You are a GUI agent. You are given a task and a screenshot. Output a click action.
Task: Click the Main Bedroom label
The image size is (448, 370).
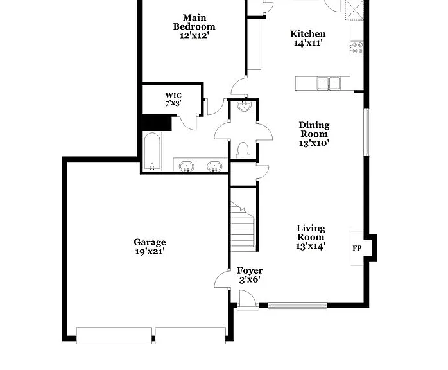[194, 22]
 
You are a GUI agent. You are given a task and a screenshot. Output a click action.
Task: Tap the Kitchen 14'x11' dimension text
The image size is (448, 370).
[308, 43]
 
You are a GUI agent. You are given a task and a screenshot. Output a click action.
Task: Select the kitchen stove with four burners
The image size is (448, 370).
[357, 48]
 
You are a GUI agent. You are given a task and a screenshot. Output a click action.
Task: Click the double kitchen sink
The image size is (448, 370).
[329, 84]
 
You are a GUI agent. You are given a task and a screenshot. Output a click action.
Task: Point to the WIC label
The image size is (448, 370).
[173, 96]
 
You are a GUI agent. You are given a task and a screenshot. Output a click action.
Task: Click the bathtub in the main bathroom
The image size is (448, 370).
[151, 151]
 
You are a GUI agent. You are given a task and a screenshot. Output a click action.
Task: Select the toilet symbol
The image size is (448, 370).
[243, 151]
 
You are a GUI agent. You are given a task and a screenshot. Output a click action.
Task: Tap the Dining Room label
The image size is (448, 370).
[314, 130]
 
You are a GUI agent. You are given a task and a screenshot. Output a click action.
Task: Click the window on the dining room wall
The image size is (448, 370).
[367, 132]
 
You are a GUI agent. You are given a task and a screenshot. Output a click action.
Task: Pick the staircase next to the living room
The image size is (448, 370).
[243, 227]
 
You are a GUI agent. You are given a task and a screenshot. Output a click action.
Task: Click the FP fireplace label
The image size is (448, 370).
[357, 248]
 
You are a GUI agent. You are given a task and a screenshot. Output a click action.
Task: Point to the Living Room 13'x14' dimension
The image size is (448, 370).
[311, 246]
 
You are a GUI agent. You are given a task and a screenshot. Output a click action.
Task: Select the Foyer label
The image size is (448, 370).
[250, 270]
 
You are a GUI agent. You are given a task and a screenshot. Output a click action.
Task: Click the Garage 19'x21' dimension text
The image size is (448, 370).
[150, 252]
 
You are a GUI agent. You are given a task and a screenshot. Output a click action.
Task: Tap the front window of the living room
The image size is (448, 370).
[297, 306]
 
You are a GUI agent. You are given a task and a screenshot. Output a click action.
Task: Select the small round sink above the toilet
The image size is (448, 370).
[244, 106]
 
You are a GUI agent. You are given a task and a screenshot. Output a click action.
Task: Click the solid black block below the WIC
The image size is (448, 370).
[157, 123]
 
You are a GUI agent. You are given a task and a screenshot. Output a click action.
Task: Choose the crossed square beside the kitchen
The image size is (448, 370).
[354, 10]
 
